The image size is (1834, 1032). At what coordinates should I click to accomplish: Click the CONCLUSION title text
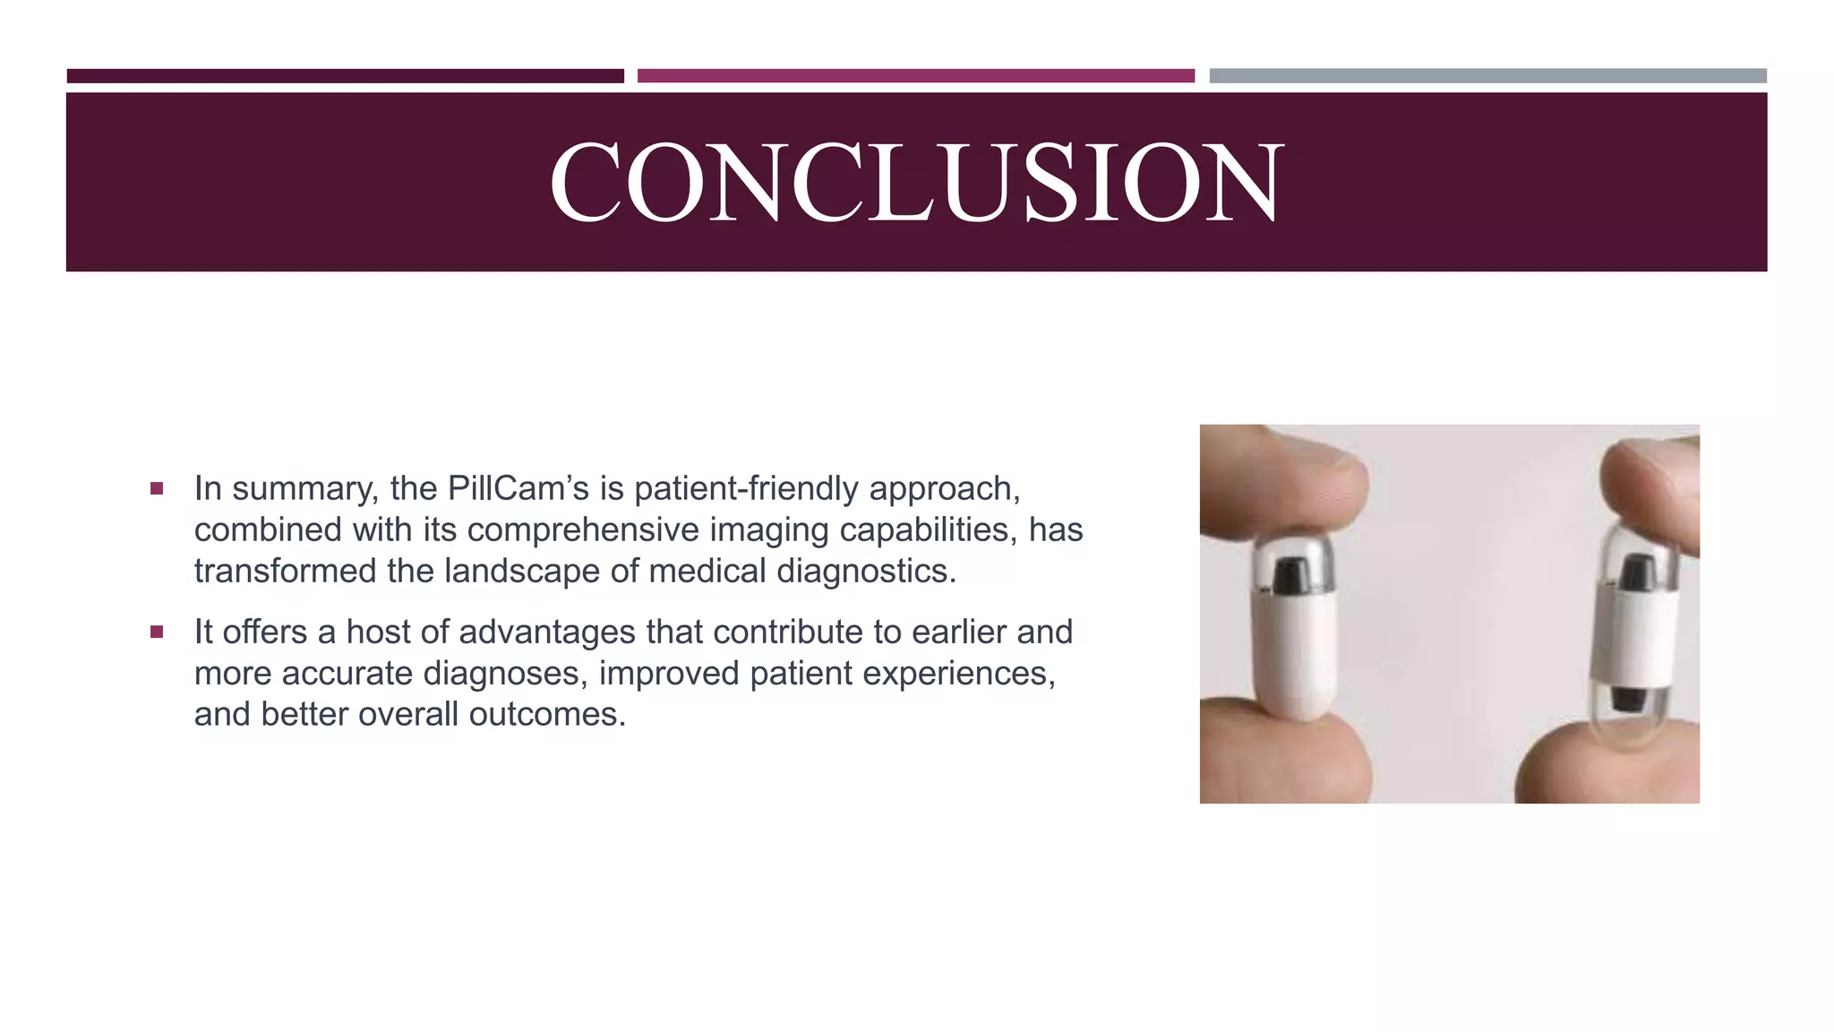pos(916,182)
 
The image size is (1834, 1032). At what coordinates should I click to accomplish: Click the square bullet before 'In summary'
pos(157,488)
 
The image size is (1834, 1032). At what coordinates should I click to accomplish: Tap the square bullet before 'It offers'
pos(157,632)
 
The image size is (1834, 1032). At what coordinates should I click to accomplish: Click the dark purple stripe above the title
pos(345,76)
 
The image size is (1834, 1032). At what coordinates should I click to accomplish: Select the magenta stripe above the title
pos(915,76)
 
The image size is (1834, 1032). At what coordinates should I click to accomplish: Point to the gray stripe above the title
pos(1487,76)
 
